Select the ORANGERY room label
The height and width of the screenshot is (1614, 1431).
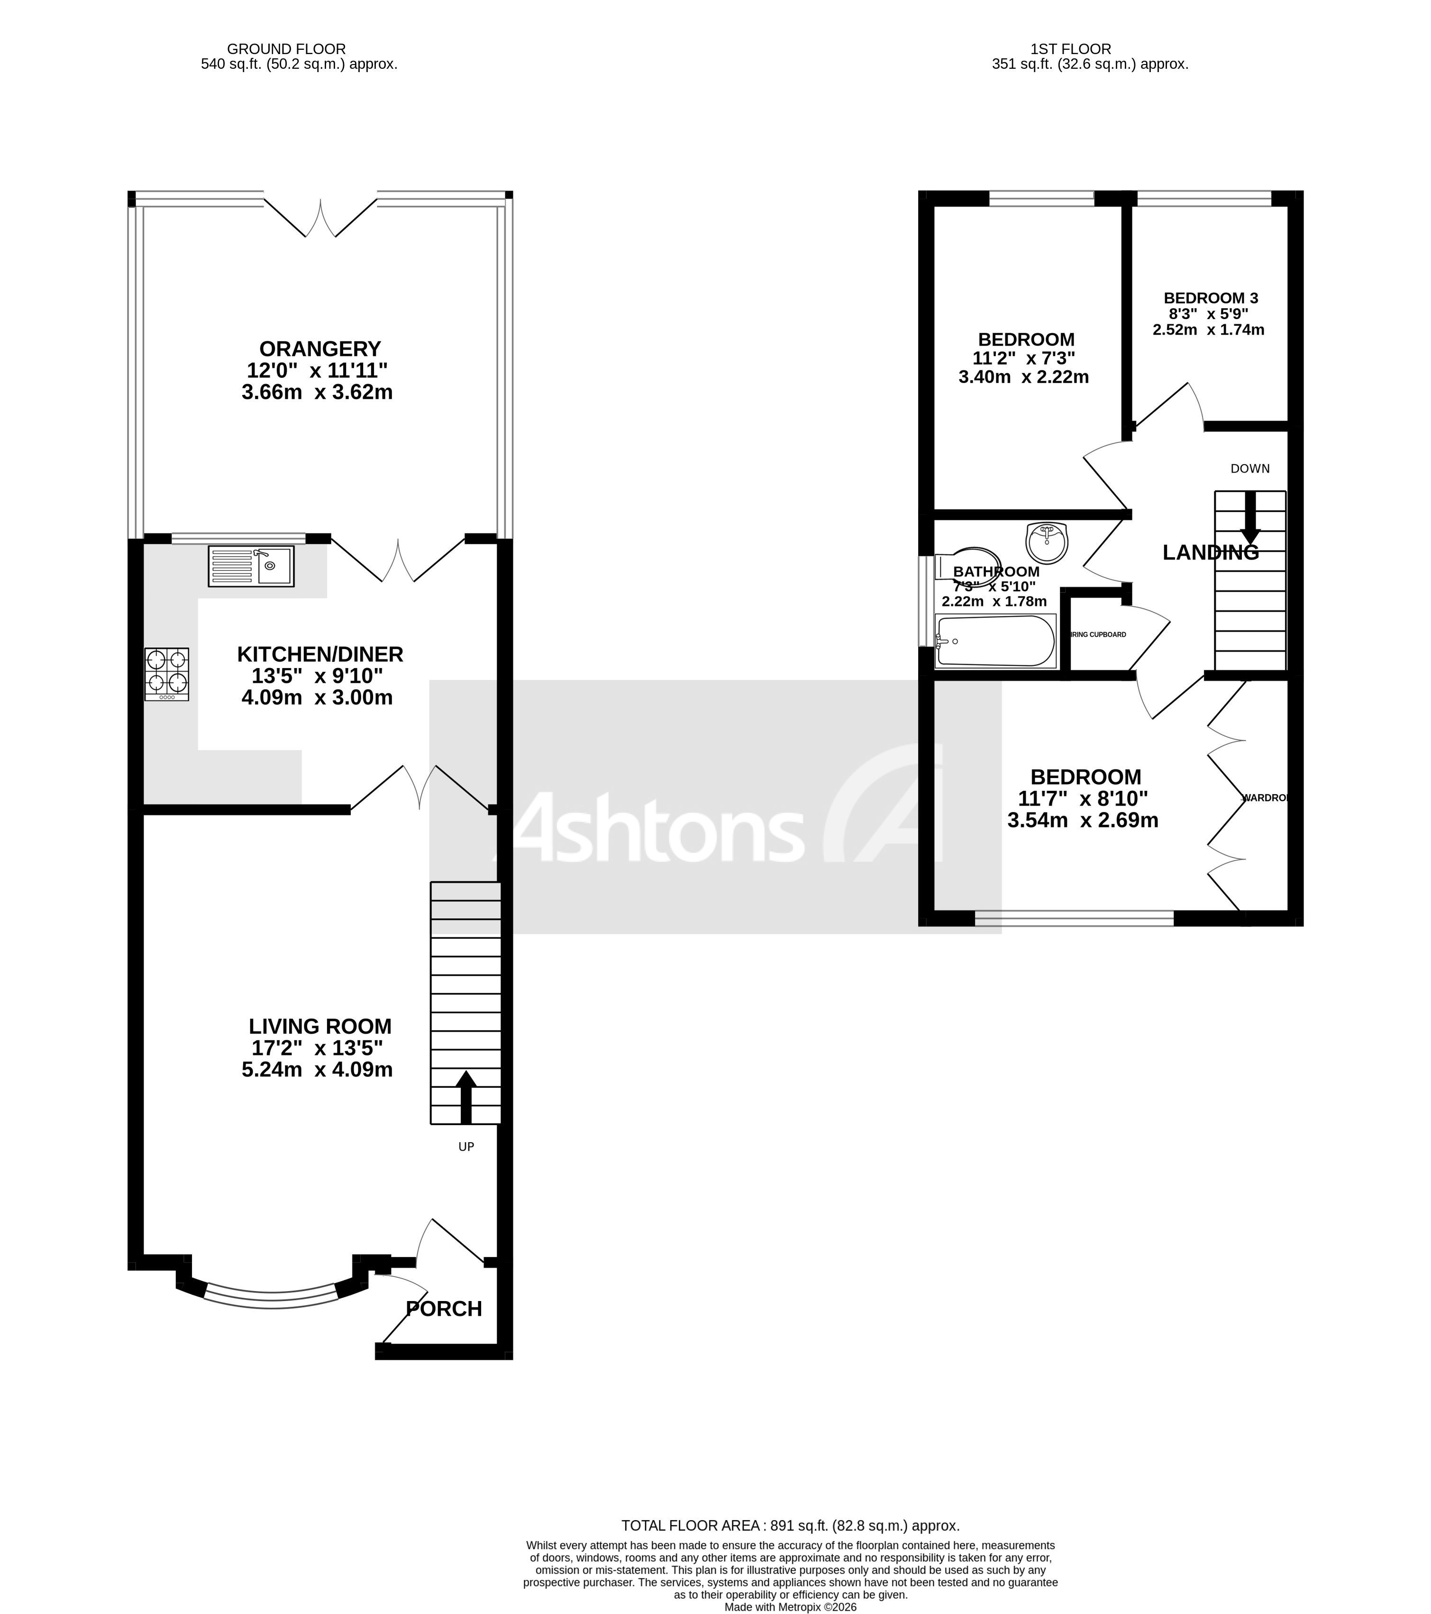tap(319, 348)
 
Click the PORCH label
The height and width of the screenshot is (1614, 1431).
tap(444, 1309)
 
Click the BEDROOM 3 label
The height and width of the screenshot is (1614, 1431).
tap(1210, 298)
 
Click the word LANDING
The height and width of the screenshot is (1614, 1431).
tap(1210, 553)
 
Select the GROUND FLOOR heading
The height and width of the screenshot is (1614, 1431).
tap(286, 49)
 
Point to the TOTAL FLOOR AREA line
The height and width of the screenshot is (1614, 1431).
tap(790, 1525)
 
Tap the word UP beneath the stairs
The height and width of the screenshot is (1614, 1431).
tap(465, 1146)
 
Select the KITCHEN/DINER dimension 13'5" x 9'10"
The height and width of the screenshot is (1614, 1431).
tap(317, 676)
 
